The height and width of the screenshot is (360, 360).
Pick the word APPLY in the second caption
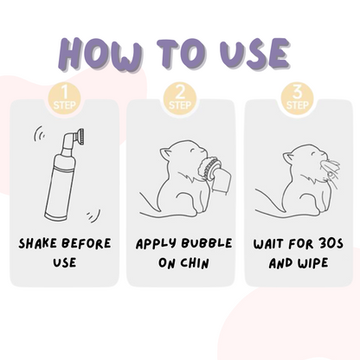156,243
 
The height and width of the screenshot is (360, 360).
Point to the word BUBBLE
204,243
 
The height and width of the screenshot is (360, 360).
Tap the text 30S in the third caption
323,243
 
